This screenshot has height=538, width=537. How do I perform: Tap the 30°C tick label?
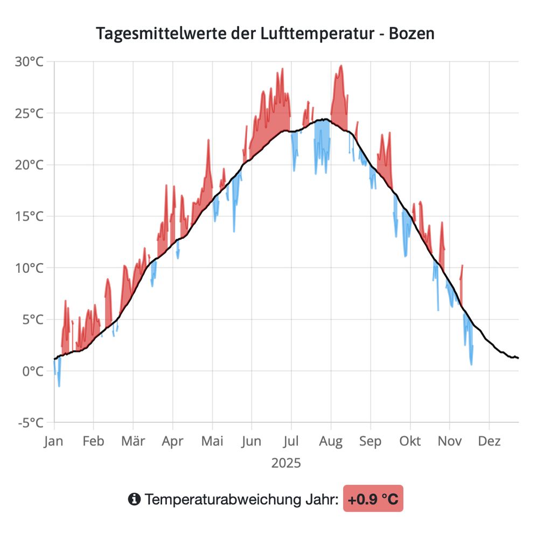coord(29,62)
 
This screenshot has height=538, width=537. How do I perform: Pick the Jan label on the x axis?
coord(54,442)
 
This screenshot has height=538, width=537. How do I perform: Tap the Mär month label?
coord(133,442)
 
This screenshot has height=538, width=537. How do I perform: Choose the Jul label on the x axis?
coord(291,442)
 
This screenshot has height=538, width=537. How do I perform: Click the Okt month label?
coord(410,442)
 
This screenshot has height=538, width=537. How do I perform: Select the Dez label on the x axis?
coord(489,442)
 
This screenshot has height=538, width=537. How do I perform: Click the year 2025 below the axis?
coord(286,463)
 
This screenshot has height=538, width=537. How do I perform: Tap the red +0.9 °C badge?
coord(373,499)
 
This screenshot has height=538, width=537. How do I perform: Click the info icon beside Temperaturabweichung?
coord(134,499)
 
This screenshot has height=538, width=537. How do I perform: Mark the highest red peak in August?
coord(340,66)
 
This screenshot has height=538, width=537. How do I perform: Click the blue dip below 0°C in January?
coord(59,385)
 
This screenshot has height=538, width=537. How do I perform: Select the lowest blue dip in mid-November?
coord(471,364)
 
